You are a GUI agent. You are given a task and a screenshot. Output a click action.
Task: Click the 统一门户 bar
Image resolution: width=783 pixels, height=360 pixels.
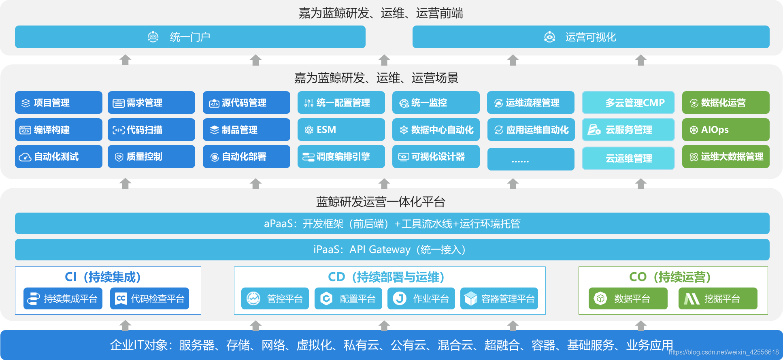tap(190, 37)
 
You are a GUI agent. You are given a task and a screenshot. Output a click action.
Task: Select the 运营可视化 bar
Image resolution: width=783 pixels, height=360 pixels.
tap(591, 37)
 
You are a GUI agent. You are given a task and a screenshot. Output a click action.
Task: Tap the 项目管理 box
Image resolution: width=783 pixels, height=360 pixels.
tap(58, 102)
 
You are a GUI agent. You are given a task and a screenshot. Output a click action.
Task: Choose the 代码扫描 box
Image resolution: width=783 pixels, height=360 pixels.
tap(151, 130)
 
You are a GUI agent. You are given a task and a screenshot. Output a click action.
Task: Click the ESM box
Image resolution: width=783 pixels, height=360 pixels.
tap(341, 130)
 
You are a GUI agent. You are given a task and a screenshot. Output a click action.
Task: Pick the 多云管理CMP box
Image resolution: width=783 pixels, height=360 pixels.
tap(628, 102)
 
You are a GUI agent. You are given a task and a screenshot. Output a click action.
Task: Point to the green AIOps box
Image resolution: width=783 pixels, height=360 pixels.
tap(726, 130)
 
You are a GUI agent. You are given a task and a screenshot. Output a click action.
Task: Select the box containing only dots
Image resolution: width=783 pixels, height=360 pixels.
tap(530, 159)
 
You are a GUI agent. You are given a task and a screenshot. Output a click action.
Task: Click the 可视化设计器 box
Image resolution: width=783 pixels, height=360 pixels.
tap(436, 157)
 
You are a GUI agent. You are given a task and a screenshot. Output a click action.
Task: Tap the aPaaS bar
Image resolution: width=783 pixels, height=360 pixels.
tap(392, 224)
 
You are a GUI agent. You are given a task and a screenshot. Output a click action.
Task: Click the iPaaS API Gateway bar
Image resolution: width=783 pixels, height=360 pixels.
tap(392, 249)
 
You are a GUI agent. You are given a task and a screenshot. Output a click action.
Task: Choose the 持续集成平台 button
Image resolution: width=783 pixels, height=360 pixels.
tap(63, 298)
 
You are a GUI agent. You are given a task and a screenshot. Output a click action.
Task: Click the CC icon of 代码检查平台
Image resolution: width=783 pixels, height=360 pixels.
tap(121, 298)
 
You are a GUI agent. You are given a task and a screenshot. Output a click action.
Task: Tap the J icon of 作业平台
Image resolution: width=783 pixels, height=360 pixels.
tap(400, 298)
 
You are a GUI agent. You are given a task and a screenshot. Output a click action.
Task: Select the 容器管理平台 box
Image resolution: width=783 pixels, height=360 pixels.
tap(499, 298)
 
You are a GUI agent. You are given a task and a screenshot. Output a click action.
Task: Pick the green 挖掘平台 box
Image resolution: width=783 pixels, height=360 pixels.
tap(717, 298)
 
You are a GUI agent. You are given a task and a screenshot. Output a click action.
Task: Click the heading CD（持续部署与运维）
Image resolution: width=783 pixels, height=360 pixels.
tap(386, 277)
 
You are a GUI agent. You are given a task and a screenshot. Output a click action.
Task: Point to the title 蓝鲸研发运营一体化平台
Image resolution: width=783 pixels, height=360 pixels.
tap(381, 202)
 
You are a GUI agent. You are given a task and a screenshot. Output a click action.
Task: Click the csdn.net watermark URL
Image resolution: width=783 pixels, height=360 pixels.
tap(723, 352)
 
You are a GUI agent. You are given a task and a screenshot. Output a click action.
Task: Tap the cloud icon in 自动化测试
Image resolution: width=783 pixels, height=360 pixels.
tap(25, 157)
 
